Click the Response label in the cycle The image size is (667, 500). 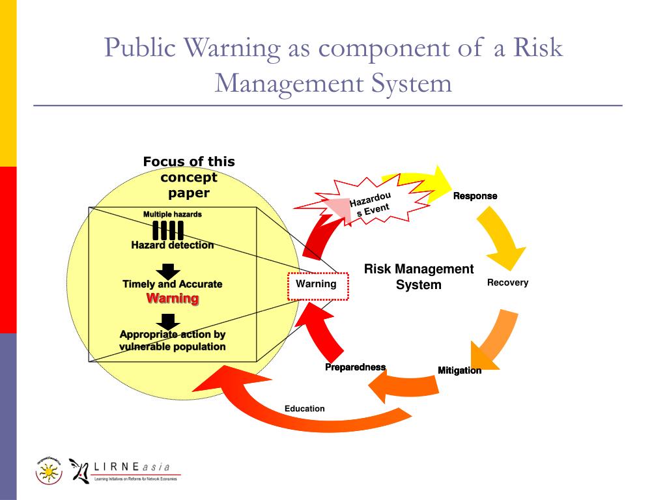[x=475, y=196]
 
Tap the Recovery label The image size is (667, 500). [x=507, y=283]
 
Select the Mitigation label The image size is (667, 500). [x=459, y=370]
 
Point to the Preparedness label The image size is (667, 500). [x=355, y=367]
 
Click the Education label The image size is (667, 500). [x=304, y=409]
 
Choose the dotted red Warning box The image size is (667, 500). [x=318, y=286]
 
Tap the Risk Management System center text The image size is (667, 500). [x=419, y=277]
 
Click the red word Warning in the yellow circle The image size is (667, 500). [x=172, y=298]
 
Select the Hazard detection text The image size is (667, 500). [x=172, y=245]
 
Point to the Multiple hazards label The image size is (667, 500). [x=172, y=214]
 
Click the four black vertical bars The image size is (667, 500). [x=168, y=230]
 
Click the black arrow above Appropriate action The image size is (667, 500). [x=169, y=320]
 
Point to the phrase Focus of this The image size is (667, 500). [x=189, y=161]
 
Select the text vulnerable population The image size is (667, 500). [x=172, y=346]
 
